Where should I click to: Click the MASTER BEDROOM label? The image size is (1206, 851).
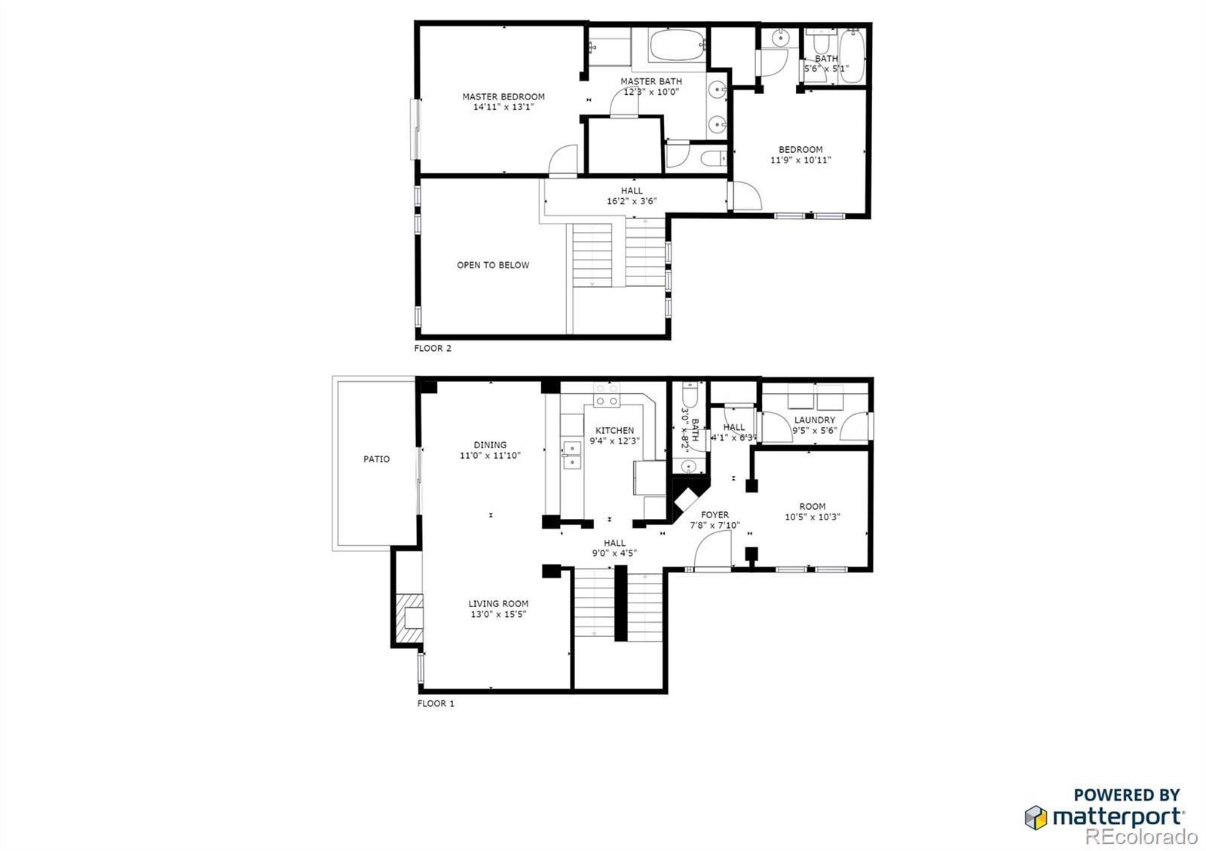pyautogui.click(x=503, y=96)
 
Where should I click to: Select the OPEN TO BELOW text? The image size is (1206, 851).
pyautogui.click(x=493, y=265)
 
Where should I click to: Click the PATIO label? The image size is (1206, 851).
pyautogui.click(x=376, y=459)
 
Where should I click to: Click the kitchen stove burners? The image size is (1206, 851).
pyautogui.click(x=606, y=395)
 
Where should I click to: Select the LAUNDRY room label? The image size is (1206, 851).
pyautogui.click(x=814, y=420)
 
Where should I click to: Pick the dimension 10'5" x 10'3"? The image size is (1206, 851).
pyautogui.click(x=812, y=517)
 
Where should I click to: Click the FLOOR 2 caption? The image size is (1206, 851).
pyautogui.click(x=433, y=349)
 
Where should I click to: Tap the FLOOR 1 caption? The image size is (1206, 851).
pyautogui.click(x=436, y=703)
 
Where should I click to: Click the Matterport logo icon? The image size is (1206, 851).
pyautogui.click(x=1036, y=817)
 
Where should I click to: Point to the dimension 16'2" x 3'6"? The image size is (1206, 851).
pyautogui.click(x=632, y=201)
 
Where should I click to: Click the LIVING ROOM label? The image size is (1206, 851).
pyautogui.click(x=498, y=603)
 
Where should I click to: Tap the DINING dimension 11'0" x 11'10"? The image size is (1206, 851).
pyautogui.click(x=490, y=456)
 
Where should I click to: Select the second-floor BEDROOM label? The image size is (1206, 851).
pyautogui.click(x=800, y=149)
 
